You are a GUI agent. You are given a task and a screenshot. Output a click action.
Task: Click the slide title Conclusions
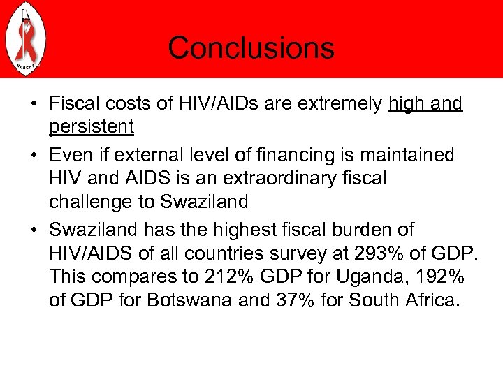pyautogui.click(x=251, y=48)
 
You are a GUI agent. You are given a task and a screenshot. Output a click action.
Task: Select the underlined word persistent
pyautogui.click(x=92, y=128)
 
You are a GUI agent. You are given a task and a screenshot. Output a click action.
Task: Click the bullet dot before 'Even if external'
pyautogui.click(x=34, y=154)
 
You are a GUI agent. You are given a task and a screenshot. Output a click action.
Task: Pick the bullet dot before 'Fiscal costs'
pyautogui.click(x=34, y=105)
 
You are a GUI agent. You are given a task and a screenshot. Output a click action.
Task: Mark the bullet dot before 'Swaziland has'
pyautogui.click(x=34, y=229)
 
